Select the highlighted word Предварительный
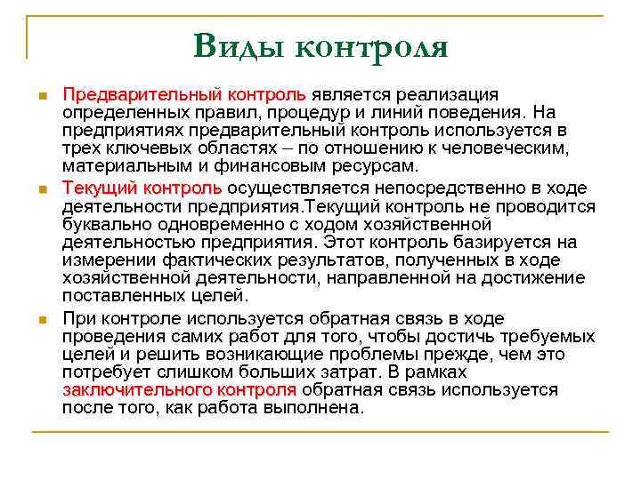coord(142,95)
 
